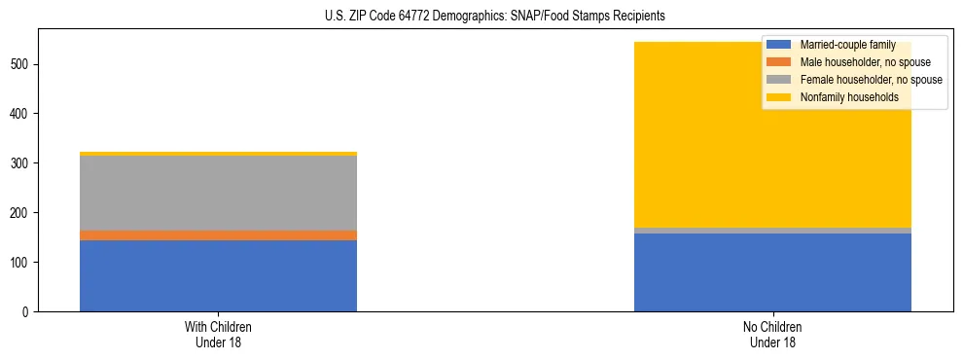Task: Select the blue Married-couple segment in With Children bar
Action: point(218,275)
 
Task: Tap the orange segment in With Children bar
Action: point(218,235)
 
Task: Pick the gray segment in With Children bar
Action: point(218,193)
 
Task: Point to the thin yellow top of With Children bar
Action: point(218,154)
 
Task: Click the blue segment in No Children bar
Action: point(772,272)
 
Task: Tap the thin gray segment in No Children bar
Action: point(772,231)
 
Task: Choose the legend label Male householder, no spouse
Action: point(864,62)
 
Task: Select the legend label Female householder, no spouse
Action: point(871,80)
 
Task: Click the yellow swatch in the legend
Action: point(779,97)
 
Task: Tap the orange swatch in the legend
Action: point(779,62)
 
